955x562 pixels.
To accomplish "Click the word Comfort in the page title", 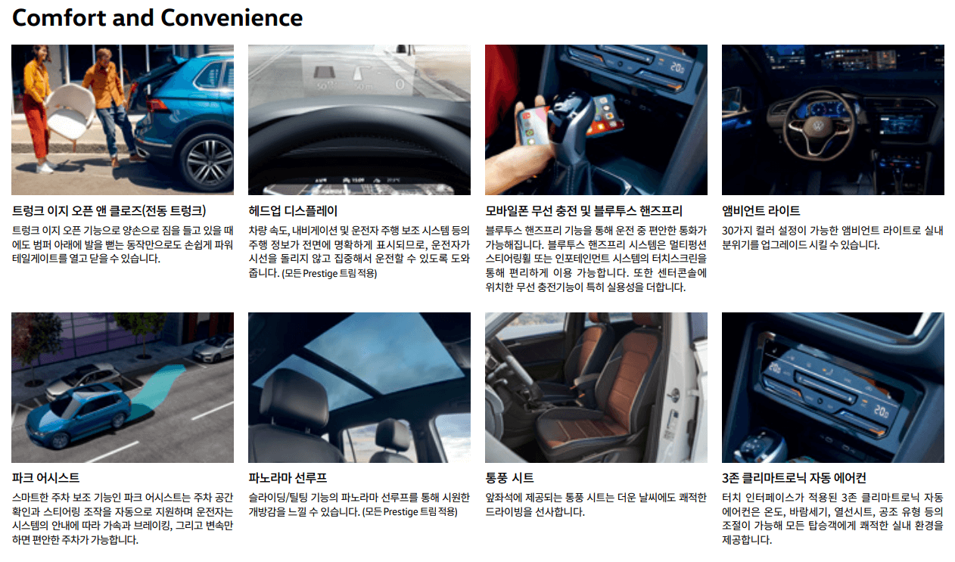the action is point(59,18).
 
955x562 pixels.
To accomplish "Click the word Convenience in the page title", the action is point(232,18).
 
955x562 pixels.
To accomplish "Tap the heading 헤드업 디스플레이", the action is point(293,211).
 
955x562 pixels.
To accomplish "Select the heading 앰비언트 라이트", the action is point(761,211).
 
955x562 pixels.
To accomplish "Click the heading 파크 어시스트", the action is point(45,477).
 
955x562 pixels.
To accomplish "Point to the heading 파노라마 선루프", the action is point(288,477).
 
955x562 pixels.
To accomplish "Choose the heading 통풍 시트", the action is point(509,477).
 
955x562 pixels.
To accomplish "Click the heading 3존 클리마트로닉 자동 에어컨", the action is point(794,477).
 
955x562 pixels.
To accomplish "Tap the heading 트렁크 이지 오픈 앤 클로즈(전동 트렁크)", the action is point(109,211).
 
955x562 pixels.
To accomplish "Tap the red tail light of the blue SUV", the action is point(157,104).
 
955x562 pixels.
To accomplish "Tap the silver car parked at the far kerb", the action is point(213,348).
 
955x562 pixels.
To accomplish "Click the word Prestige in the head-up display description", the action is point(320,273).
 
